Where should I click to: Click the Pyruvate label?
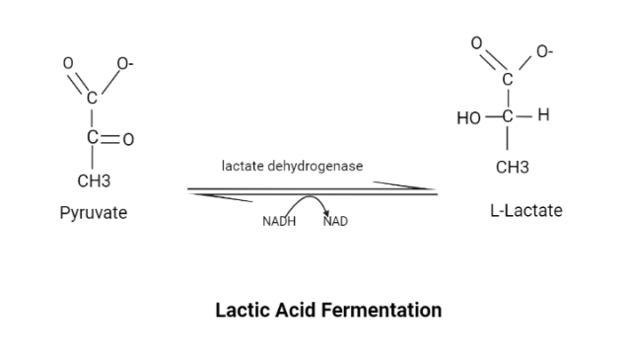click(94, 213)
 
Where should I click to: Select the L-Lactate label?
click(526, 210)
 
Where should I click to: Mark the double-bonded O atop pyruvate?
click(68, 63)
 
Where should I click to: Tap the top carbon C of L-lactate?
click(509, 79)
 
